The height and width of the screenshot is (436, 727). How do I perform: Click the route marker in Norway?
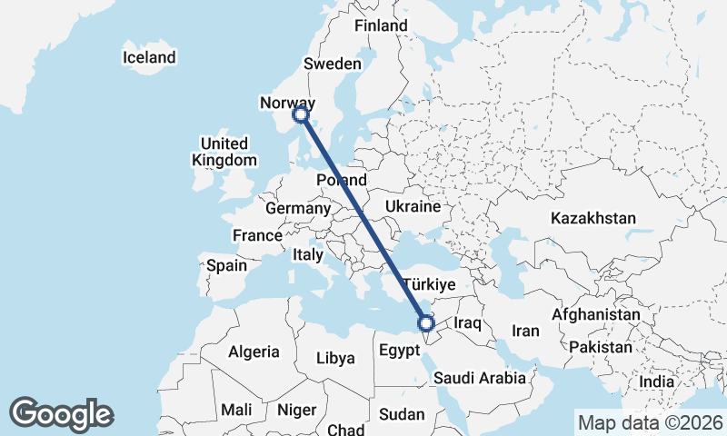pos(300,114)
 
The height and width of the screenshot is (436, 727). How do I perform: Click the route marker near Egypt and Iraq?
pos(424,322)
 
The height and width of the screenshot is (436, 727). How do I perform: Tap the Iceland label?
pos(149,58)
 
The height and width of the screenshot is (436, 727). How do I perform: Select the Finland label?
pos(381,25)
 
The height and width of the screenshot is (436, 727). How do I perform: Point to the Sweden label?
pos(332,64)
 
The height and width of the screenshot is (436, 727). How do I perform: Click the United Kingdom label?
pos(224,152)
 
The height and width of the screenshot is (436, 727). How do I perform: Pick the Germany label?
pos(298,208)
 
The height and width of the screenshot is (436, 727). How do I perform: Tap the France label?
pos(257,235)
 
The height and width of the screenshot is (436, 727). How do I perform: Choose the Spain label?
pos(226,265)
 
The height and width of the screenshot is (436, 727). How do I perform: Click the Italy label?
pos(307,256)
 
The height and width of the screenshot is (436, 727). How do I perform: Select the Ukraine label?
pos(412,207)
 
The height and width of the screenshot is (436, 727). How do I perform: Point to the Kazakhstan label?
pos(593,219)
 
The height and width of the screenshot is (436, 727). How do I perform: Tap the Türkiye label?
pos(428,284)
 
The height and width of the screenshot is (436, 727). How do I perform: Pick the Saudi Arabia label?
pos(479,378)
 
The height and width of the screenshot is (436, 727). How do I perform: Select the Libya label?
pos(335,358)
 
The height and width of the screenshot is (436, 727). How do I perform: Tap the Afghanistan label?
pos(595,313)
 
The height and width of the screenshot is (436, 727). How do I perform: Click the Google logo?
pos(62,414)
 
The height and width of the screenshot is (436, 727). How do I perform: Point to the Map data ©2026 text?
pos(650,421)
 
